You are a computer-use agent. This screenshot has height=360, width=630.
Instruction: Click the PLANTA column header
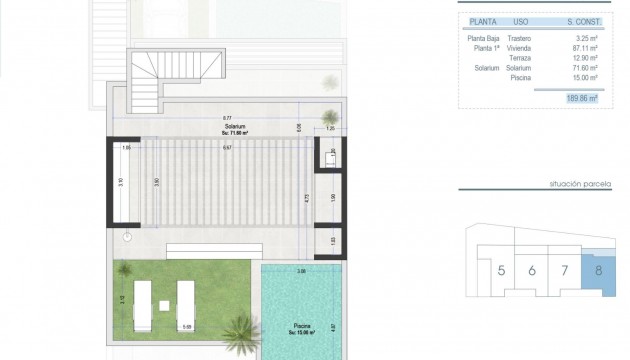pos(484,18)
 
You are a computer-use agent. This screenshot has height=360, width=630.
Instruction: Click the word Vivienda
pos(519,48)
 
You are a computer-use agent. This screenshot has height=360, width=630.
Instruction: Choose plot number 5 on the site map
pos(500,270)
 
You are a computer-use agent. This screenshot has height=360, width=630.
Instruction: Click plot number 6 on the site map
pos(532,270)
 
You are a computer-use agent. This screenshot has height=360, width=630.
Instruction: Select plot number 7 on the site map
pos(565,270)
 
